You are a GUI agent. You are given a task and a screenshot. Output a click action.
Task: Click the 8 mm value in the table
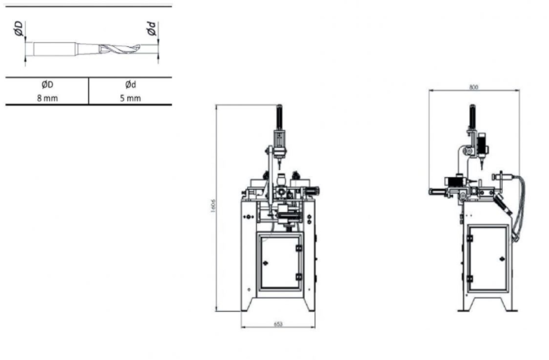pos(47,98)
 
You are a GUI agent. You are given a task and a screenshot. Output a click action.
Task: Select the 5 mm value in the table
pos(131,98)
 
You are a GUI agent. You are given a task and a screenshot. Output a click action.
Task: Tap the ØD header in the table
pos(47,84)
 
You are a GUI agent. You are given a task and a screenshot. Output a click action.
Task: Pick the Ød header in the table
pos(131,84)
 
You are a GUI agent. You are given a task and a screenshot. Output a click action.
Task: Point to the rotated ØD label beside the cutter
pos(18,30)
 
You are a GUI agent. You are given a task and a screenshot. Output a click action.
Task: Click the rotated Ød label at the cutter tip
pos(151,30)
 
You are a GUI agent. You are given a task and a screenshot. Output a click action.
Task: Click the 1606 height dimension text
pos(215,208)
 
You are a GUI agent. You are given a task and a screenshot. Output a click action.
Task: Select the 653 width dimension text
pos(278,323)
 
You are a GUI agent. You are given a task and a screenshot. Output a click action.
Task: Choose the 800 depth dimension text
pos(474,88)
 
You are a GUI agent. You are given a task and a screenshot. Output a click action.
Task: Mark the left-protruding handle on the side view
pos(439,191)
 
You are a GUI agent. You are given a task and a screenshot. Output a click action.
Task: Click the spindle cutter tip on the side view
pos(481,166)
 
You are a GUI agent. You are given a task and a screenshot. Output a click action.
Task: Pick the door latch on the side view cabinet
pos(469,238)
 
